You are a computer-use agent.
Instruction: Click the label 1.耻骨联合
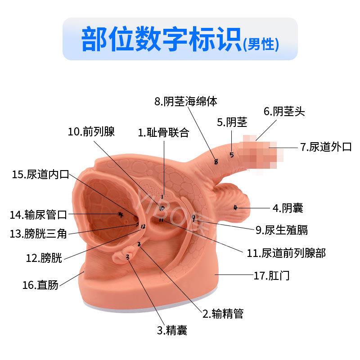tap(163, 133)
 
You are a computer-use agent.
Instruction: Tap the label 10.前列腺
tap(91, 132)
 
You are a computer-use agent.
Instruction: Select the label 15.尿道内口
tap(40, 175)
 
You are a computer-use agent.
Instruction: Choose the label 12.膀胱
tap(44, 258)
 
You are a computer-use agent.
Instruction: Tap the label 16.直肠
tap(40, 285)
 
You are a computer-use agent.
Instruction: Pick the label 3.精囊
tap(172, 330)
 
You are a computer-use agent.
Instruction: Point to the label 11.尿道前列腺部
tap(286, 252)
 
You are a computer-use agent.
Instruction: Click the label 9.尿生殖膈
tap(282, 230)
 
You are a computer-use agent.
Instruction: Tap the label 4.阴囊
tap(288, 207)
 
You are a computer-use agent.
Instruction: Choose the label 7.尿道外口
tap(326, 147)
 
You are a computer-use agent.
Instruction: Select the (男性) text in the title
tap(261, 44)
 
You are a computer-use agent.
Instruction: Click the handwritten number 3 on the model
tap(128, 257)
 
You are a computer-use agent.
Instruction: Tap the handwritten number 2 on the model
tap(139, 244)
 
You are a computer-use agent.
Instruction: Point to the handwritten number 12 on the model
tap(142, 226)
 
